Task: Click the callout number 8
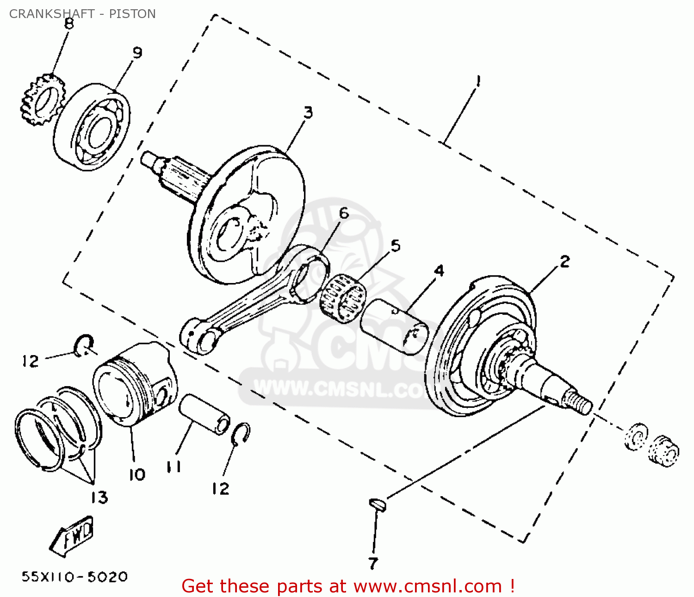(68, 24)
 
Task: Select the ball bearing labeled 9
(92, 127)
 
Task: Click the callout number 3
(308, 112)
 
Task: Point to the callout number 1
(478, 81)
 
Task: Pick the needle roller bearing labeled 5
(343, 298)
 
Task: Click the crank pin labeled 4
(394, 326)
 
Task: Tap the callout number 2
(565, 261)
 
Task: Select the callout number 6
(344, 214)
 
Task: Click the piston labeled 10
(135, 384)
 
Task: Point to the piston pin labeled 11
(204, 414)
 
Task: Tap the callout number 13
(99, 497)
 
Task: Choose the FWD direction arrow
(71, 536)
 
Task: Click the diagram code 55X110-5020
(74, 577)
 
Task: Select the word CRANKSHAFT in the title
(52, 14)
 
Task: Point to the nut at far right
(663, 451)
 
